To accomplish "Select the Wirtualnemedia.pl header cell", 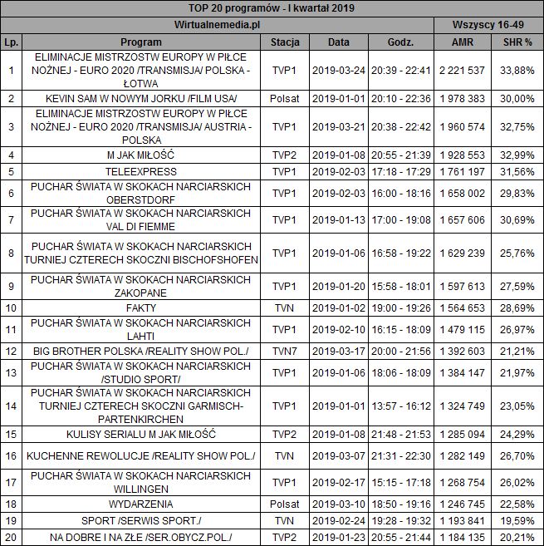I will coord(218,24).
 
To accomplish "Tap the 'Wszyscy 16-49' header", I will coord(488,24).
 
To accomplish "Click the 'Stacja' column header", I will coord(286,41).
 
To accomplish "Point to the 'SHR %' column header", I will coord(517,41).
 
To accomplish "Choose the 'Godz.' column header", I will coord(400,41).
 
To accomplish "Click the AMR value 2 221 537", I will coord(464,70).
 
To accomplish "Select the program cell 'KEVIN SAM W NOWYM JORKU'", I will coord(141,99).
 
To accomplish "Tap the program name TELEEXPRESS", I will coord(141,171).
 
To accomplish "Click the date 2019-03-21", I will coord(338,126).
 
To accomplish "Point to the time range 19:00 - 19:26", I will coord(400,307).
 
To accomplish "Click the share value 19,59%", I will coord(517,520).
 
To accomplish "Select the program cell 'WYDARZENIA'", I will coord(141,504).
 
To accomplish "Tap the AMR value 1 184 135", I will coord(464,537).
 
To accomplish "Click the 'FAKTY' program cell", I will coord(141,307).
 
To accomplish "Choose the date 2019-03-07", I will coord(338,455).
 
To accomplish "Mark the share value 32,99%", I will coord(517,155).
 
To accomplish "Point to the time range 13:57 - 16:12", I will coord(400,406).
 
